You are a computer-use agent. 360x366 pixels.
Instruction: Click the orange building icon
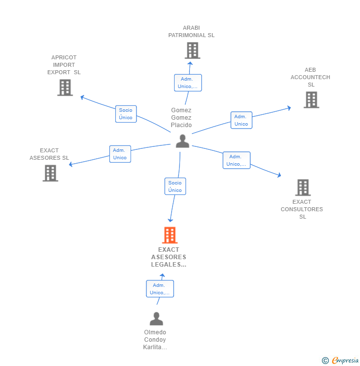coord(170,235)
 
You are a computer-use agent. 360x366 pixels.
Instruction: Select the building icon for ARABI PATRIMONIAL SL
coord(192,50)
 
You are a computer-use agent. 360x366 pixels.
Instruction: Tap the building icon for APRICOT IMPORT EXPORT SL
coord(65,88)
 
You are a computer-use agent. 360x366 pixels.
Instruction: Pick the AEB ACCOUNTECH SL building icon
coord(311,100)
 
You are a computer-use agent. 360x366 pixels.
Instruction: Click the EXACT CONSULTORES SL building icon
coord(303,188)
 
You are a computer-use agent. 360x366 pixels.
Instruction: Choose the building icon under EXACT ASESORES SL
coord(50,173)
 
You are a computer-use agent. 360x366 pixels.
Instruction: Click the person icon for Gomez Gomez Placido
coord(182,141)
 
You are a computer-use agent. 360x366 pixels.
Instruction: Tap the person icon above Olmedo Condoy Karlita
coord(156,319)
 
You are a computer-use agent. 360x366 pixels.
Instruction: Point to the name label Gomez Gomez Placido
coord(181,118)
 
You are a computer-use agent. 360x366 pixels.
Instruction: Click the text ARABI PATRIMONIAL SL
coord(191,32)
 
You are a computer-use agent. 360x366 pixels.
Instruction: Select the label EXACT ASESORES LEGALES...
coord(169,257)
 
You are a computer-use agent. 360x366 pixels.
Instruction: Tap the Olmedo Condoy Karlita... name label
coord(155,340)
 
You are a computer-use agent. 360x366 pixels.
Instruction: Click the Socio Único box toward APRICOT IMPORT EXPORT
coord(126,114)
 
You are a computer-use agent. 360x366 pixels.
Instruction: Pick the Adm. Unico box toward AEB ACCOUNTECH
coord(241,120)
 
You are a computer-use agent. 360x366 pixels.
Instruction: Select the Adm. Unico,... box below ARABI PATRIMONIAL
coord(188,83)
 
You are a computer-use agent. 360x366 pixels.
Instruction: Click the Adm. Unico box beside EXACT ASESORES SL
coord(120,154)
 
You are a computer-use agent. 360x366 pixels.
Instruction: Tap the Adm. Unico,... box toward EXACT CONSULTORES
coord(236,160)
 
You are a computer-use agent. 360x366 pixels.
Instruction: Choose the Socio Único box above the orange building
coord(175,186)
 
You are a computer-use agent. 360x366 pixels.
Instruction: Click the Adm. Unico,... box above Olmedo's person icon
coord(160,289)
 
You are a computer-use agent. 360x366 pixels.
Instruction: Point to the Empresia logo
coord(341,361)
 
